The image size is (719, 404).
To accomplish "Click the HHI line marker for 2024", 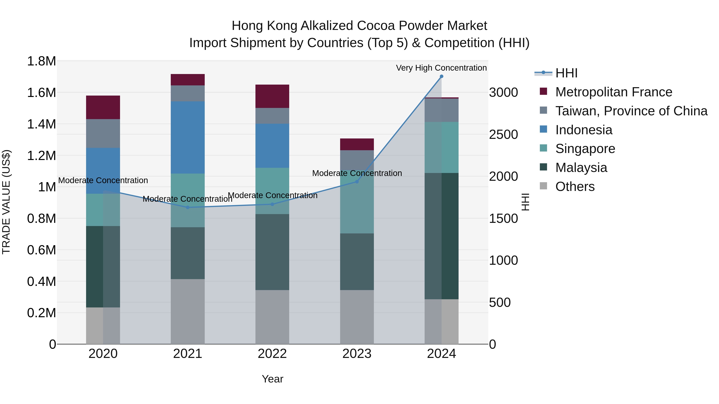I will [441, 76].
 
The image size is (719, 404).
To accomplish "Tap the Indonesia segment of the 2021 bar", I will [188, 137].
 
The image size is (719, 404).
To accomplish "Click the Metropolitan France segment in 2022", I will [272, 96].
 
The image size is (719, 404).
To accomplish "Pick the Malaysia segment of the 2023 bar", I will [357, 262].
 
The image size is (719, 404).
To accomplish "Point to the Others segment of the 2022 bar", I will [272, 317].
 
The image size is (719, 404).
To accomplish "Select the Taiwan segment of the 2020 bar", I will [103, 133].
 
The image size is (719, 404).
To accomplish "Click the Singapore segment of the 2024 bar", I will [441, 147].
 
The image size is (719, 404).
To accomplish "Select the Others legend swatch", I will [543, 186].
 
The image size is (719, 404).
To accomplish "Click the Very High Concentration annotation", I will [441, 68].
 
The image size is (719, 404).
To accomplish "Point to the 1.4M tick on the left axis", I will [41, 124].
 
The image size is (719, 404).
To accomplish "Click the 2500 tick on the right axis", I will [503, 135].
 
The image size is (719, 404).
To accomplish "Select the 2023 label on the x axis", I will [357, 354].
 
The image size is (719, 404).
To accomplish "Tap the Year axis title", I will [272, 379].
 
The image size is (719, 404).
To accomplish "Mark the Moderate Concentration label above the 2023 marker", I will [357, 173].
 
